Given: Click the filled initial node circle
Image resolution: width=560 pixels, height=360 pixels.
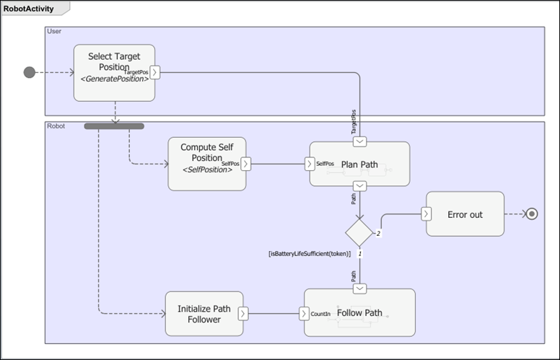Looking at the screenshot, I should pyautogui.click(x=30, y=72).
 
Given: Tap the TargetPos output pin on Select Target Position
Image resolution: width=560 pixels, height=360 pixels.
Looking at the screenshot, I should pyautogui.click(x=155, y=72).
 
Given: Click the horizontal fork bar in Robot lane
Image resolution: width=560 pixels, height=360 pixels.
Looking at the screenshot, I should pyautogui.click(x=114, y=126).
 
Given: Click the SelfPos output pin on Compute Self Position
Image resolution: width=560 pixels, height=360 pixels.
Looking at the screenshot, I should pyautogui.click(x=246, y=164).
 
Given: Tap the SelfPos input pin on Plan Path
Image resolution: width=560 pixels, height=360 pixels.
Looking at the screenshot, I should pyautogui.click(x=310, y=164).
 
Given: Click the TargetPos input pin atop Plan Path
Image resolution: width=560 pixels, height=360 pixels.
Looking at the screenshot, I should pyautogui.click(x=359, y=141).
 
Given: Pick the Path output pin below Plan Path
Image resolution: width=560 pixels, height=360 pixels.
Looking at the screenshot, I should pyautogui.click(x=359, y=186).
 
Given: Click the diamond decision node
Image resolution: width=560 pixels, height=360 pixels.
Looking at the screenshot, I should pyautogui.click(x=359, y=232).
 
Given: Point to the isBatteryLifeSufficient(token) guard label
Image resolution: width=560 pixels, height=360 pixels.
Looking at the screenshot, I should pyautogui.click(x=309, y=254).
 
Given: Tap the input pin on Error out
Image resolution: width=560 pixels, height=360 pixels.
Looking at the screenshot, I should pyautogui.click(x=426, y=214).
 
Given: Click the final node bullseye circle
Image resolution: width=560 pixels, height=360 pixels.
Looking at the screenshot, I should pyautogui.click(x=532, y=214).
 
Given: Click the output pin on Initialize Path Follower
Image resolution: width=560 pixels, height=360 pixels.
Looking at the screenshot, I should pyautogui.click(x=243, y=314).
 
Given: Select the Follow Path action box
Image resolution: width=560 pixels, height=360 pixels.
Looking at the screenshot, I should pyautogui.click(x=364, y=313).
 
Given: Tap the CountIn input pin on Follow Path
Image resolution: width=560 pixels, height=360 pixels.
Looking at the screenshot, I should pyautogui.click(x=304, y=314).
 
